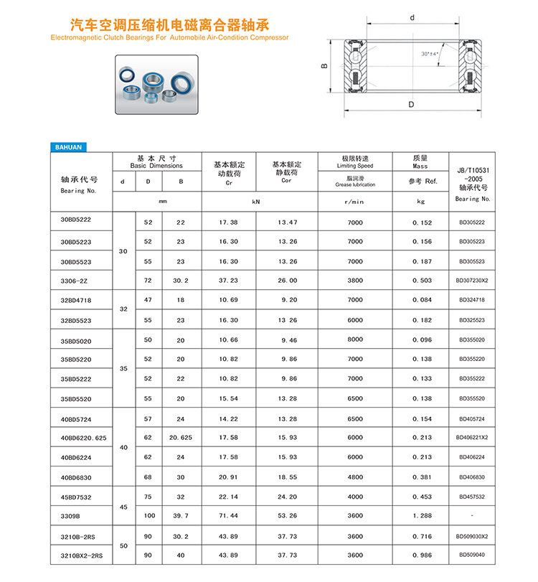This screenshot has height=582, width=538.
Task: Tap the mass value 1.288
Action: pos(421,516)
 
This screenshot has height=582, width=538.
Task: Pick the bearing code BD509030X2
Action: pos(471,535)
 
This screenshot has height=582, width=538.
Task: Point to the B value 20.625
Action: pos(181,437)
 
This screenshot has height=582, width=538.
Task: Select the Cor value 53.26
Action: pos(287,516)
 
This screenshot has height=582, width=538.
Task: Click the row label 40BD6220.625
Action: pos(83,437)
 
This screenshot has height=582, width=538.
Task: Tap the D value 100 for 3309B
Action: pos(148,516)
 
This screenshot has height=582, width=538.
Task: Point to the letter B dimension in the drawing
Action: pos(324,65)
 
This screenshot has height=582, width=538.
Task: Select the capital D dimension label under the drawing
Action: pos(411,104)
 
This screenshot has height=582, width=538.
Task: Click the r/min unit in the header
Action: pos(355,202)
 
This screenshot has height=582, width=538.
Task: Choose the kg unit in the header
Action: pos(421,202)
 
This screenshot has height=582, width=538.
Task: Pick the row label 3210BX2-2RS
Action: pos(82,555)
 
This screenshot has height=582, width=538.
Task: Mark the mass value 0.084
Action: pos(421,300)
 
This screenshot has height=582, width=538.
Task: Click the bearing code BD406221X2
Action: pos(471,437)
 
